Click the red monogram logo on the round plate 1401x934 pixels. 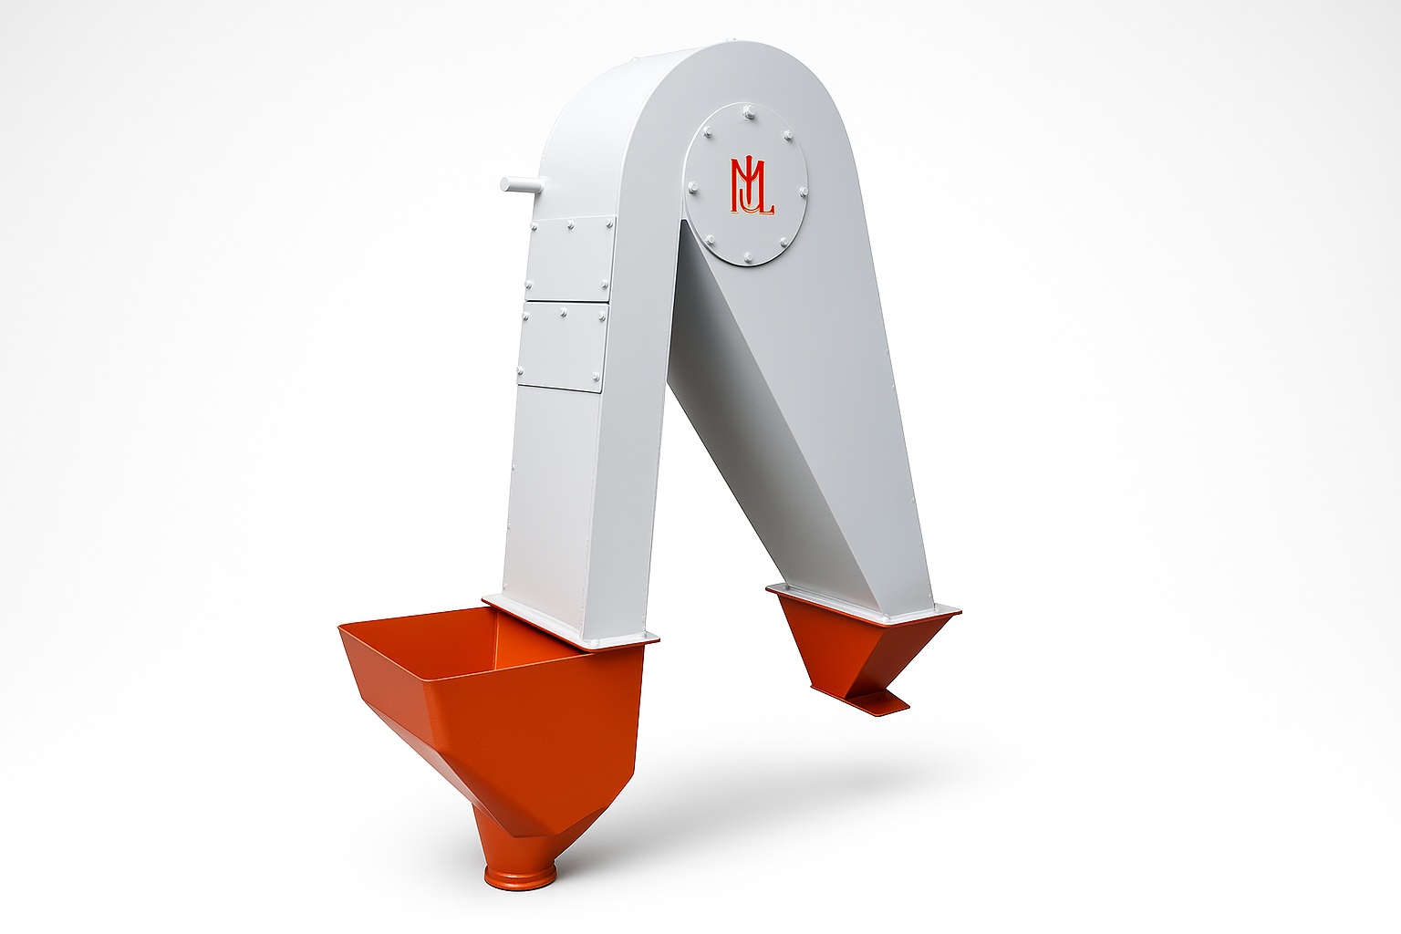[750, 187]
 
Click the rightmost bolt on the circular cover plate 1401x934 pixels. [804, 191]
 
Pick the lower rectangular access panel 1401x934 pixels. [563, 347]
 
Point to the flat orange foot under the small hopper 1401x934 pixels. [877, 700]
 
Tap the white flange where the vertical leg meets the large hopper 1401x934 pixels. [570, 623]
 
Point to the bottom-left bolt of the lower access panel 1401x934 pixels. [521, 369]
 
